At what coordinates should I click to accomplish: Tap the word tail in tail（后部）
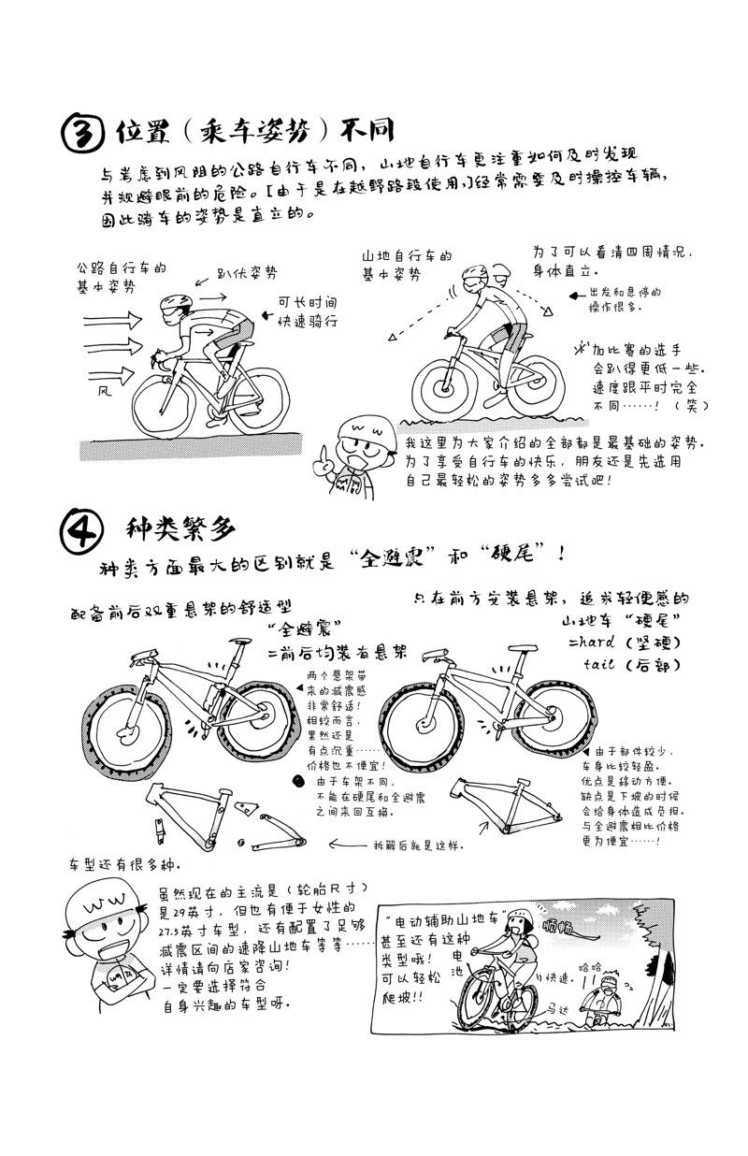pyautogui.click(x=599, y=665)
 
